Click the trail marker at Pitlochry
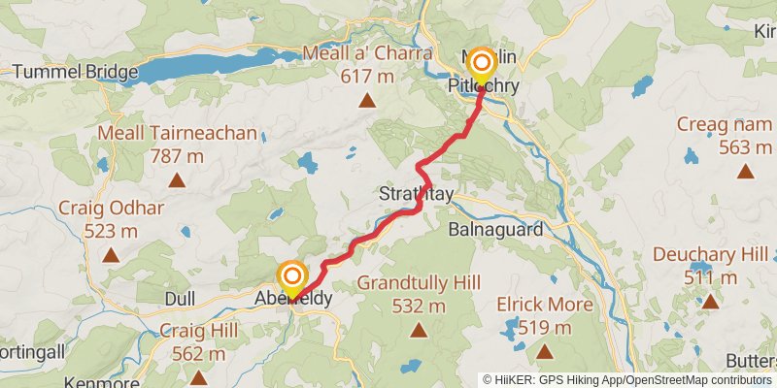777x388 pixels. click(482, 65)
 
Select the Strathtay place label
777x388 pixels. click(416, 196)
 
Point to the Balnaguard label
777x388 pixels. click(494, 230)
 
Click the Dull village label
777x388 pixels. click(181, 298)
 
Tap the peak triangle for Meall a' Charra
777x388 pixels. click(368, 101)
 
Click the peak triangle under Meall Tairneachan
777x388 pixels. click(177, 179)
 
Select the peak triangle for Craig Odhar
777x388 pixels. click(111, 256)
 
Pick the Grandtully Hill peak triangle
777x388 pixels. click(419, 331)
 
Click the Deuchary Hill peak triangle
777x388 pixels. click(711, 302)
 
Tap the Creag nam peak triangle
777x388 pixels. click(745, 172)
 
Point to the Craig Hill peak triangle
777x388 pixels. click(198, 377)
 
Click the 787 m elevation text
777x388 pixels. click(177, 155)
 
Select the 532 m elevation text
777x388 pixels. click(419, 307)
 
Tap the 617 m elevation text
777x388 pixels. click(368, 76)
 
